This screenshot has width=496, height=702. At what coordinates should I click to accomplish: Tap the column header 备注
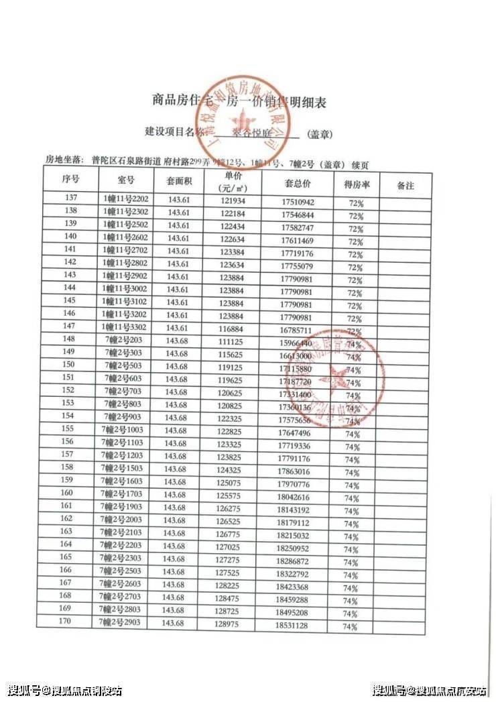click(406, 185)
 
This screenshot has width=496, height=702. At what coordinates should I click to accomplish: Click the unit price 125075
click(232, 481)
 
